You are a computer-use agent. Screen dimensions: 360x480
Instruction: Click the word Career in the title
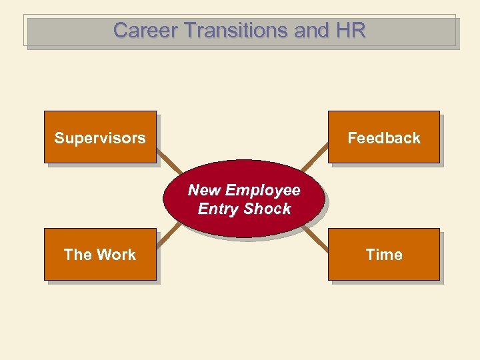(x=137, y=30)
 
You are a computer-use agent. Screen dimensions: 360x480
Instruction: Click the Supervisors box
(x=100, y=137)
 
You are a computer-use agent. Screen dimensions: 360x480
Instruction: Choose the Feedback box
(x=383, y=137)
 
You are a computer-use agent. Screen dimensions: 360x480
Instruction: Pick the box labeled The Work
(x=100, y=254)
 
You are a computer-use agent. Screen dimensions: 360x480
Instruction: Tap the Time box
(x=383, y=254)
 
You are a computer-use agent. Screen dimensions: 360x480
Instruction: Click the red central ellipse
(x=244, y=220)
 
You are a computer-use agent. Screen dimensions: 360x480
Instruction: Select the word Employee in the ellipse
(x=263, y=190)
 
